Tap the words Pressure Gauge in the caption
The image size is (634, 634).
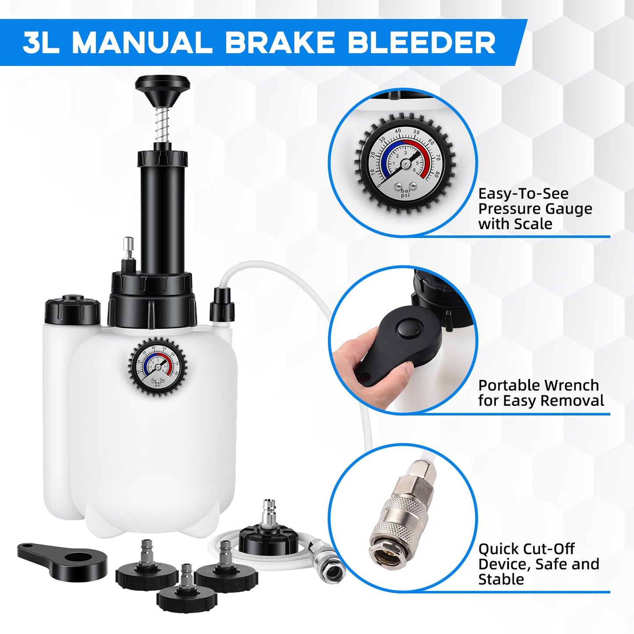coord(535,209)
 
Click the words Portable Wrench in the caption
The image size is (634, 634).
coord(538,385)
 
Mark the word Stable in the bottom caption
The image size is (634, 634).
coord(501,579)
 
